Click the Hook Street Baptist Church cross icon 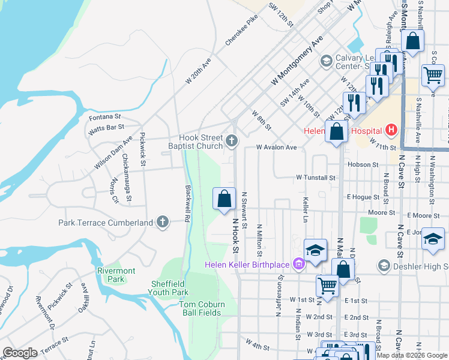(232, 142)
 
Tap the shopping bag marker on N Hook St (224, 198)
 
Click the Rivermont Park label (110, 275)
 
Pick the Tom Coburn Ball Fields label (200, 308)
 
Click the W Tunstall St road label (315, 178)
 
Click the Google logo (20, 353)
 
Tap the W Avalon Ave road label (276, 147)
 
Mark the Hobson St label (363, 164)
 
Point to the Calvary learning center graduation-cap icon (326, 60)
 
